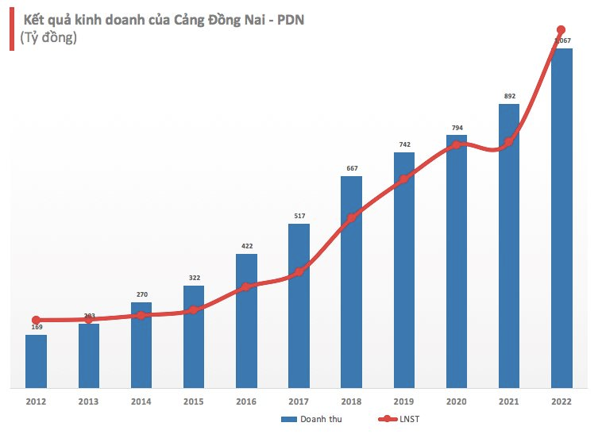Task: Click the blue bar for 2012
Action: coord(36,361)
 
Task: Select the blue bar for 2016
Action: coord(246,321)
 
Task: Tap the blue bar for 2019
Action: coord(403,270)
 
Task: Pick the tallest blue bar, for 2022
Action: coord(561,218)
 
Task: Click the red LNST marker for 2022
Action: coord(561,30)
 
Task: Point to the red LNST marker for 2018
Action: coord(351,217)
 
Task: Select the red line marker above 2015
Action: coord(194,309)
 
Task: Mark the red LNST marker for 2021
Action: coord(509,142)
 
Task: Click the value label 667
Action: coord(351,167)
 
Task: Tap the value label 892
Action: coord(509,96)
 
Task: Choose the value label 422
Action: coord(246,246)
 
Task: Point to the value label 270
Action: coord(141,294)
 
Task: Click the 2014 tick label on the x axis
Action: coord(141,401)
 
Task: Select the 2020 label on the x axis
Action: coord(456,401)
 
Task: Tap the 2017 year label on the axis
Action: coord(299,401)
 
